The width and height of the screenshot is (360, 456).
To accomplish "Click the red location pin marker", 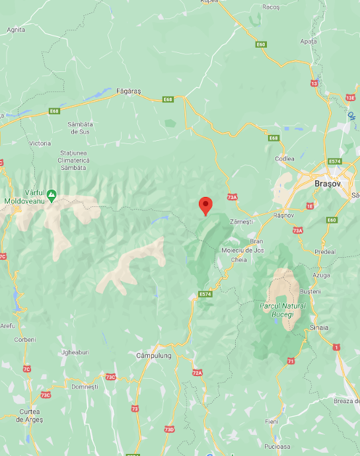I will point(205,206).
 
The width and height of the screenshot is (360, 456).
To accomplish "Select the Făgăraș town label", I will point(128,91).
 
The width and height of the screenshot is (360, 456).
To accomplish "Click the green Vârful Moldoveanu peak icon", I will point(52,194).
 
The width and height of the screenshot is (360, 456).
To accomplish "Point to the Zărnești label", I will point(240,222).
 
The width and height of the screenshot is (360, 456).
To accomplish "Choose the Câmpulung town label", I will point(153,356).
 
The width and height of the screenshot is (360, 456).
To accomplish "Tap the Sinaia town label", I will point(320,327).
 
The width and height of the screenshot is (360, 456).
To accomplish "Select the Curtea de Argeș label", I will point(31,415).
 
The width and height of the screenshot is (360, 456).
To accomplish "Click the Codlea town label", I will point(285,159).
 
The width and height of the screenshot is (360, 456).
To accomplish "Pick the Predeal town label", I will point(326,252).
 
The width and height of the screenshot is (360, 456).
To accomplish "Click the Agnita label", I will point(16,30).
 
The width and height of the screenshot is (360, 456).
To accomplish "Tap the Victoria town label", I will point(40,143).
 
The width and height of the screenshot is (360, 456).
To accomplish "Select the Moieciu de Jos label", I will point(243,250).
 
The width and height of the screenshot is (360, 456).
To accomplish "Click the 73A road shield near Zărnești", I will point(232,197).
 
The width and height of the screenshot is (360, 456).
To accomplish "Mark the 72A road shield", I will point(197,373).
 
